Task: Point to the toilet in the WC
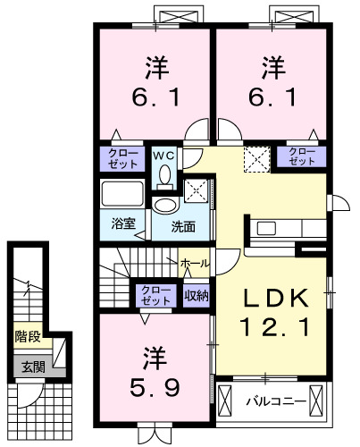(x=163, y=174)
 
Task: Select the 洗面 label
(x=184, y=225)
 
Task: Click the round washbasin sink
(x=166, y=205)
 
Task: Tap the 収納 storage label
(x=197, y=294)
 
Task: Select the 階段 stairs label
(x=28, y=337)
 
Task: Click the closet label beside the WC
(x=124, y=159)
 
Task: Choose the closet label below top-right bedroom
(x=300, y=157)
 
